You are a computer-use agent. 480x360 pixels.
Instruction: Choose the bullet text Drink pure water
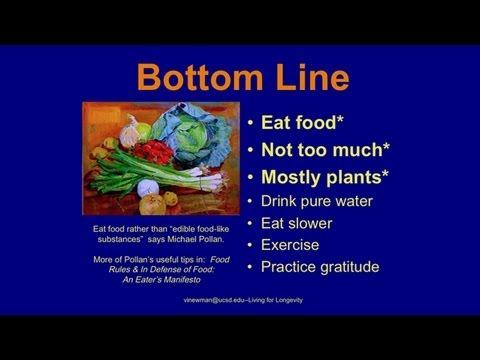316,201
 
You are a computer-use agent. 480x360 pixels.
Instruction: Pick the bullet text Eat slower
296,223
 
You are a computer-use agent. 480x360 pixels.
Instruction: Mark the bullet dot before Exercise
250,245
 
